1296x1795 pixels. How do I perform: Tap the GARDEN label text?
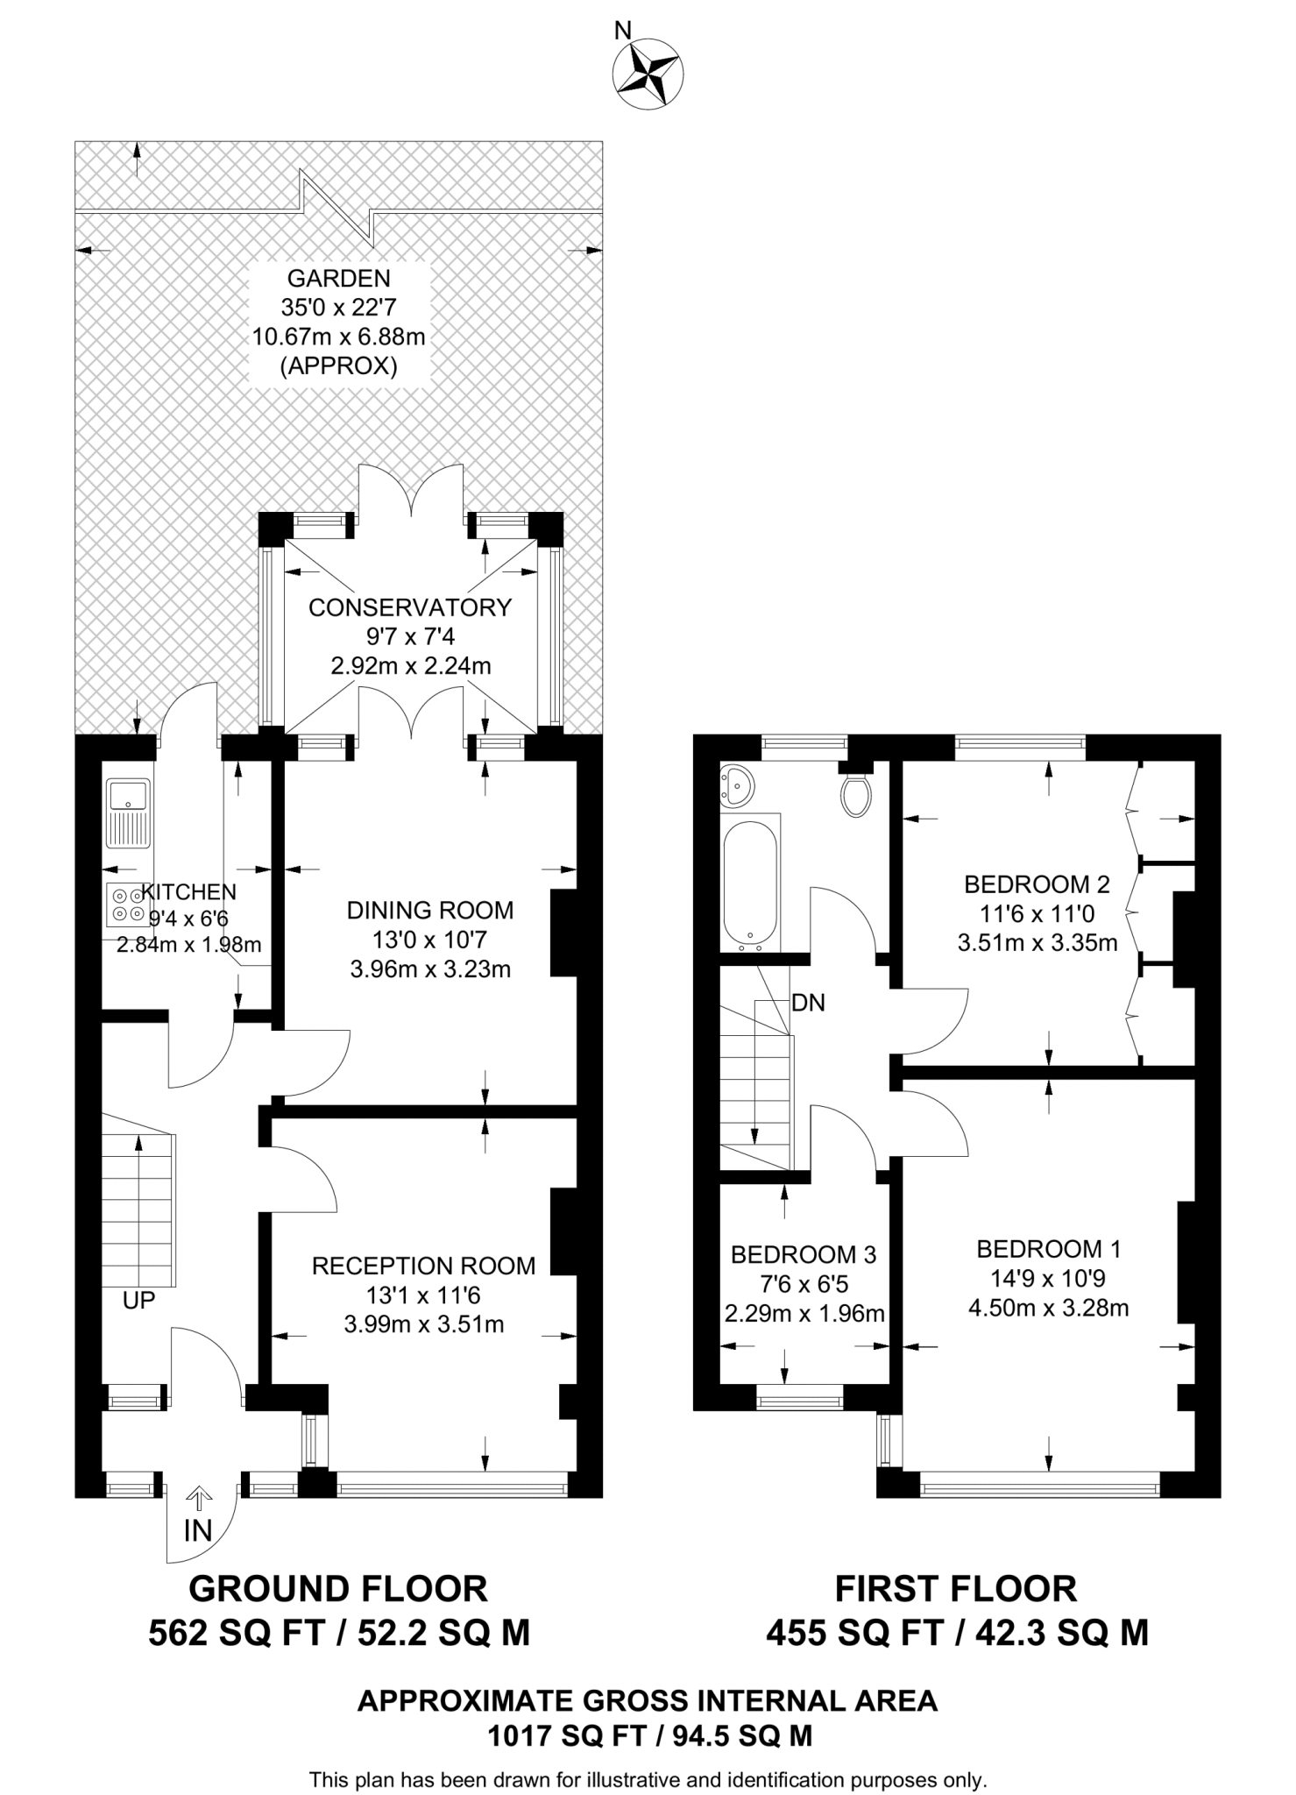coord(338,279)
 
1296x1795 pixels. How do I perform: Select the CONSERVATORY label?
coord(409,607)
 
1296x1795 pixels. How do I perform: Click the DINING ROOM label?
coord(430,910)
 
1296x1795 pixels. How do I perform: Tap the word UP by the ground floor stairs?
coord(138,1301)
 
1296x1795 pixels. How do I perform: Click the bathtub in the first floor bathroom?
coord(750,885)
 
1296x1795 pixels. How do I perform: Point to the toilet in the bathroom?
coord(855,791)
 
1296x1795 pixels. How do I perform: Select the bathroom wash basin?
coord(737,785)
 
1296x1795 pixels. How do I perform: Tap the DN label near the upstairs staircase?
coord(808,1003)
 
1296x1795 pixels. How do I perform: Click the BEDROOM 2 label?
coord(1037,884)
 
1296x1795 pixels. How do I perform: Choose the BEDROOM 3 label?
coord(803,1255)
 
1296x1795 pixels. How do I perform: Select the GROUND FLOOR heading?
coord(338,1589)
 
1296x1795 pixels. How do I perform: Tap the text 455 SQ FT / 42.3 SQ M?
coord(957,1633)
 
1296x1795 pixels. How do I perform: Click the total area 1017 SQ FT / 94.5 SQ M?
coord(648,1735)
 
